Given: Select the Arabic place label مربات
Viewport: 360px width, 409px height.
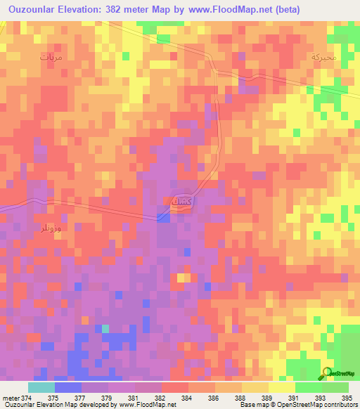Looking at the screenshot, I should pyautogui.click(x=51, y=57).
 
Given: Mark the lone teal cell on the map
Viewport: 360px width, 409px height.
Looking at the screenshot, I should pyautogui.click(x=105, y=328).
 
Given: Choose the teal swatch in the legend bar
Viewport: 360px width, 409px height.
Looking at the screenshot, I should pyautogui.click(x=41, y=387).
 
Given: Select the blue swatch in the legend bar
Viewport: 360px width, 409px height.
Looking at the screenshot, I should pyautogui.click(x=67, y=387).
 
